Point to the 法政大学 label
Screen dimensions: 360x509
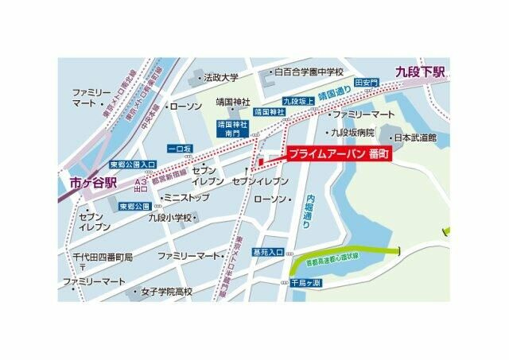click(220, 78)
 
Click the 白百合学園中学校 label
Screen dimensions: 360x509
click(309, 72)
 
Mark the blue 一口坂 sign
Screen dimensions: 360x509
click(180, 149)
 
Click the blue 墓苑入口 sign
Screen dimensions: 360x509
click(268, 253)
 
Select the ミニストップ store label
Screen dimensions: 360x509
click(185, 197)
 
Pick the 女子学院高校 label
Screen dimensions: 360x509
click(166, 292)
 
